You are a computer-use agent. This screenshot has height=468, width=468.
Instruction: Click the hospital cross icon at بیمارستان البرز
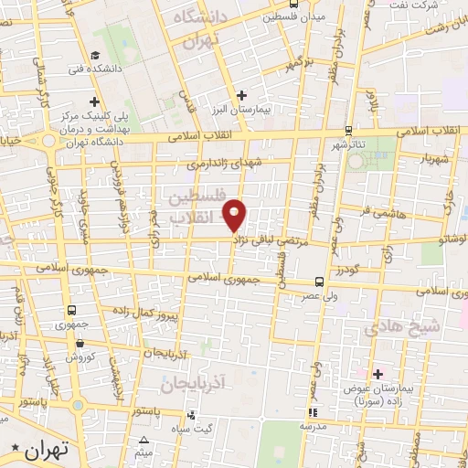pyautogui.click(x=241, y=95)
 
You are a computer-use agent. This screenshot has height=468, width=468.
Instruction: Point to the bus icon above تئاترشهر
pyautogui.click(x=347, y=131)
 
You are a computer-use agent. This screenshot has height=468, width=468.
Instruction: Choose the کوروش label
pyautogui.click(x=81, y=357)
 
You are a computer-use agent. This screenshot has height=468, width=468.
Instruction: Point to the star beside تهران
pyautogui.click(x=14, y=448)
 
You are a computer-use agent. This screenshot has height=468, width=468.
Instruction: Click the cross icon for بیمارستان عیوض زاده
pyautogui.click(x=377, y=373)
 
